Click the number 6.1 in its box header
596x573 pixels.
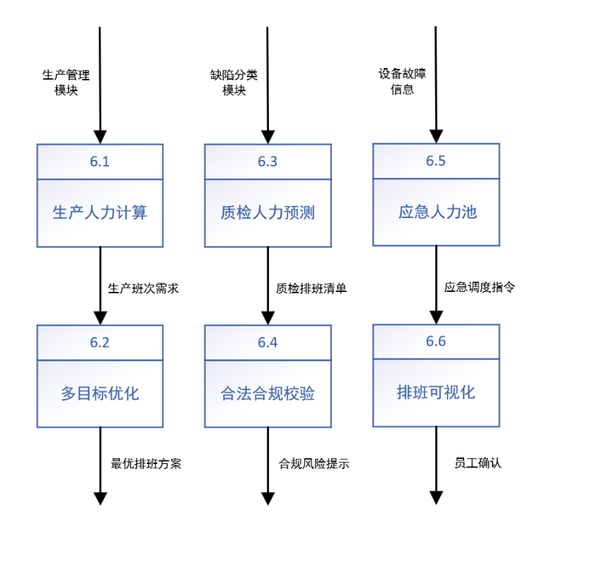tap(100, 161)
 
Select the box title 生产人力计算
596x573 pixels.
tap(100, 213)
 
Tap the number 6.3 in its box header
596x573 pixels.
tap(268, 161)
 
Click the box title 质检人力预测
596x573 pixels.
tap(268, 213)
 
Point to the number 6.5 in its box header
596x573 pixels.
tap(436, 161)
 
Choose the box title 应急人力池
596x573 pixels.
tap(436, 213)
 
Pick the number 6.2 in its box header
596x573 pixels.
tap(100, 342)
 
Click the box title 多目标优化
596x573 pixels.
tap(100, 394)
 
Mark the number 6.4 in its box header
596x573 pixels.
tap(268, 342)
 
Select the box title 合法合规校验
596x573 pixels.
tap(268, 394)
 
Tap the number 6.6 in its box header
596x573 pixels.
tap(436, 342)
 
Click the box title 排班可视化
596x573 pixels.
tap(436, 394)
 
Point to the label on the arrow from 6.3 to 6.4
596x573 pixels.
tap(311, 288)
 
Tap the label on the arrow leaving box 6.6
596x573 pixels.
tap(478, 463)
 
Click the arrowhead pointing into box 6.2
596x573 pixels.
tap(100, 317)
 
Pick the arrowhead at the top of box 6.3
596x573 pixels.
tap(268, 136)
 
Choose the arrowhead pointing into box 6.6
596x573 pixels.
tap(436, 317)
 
